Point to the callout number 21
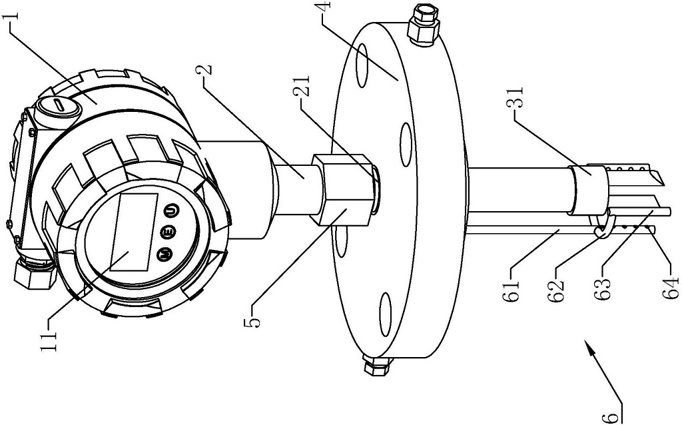pos(301,86)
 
